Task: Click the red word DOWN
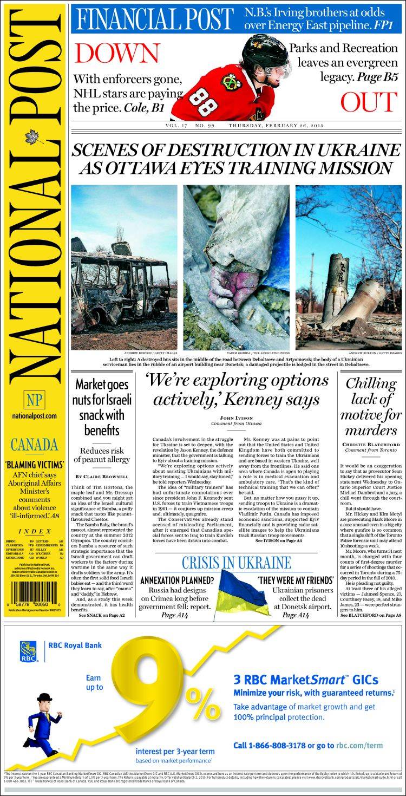117,53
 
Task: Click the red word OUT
369,102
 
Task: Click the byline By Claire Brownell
102,476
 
